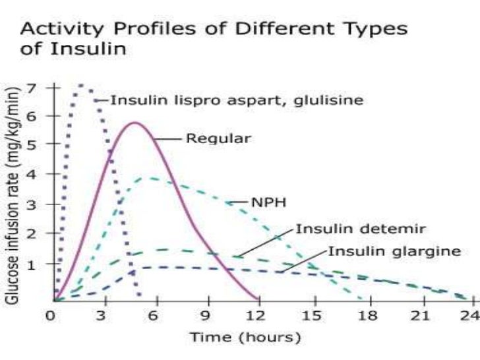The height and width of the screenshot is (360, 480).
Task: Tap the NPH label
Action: [268, 202]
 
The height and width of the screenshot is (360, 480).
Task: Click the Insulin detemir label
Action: [361, 229]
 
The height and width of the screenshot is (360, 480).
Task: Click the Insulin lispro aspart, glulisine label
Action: [236, 101]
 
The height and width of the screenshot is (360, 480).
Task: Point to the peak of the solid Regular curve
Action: [135, 123]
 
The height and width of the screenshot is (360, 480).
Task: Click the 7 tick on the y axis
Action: [32, 87]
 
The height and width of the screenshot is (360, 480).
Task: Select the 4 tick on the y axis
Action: [32, 175]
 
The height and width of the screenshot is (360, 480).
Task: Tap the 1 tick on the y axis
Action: [32, 264]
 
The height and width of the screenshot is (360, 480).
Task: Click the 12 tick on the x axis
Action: [258, 315]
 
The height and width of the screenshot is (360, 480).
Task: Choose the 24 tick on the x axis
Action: [469, 315]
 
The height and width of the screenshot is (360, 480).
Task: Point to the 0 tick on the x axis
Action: [50, 315]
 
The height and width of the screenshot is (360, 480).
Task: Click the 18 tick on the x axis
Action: [363, 315]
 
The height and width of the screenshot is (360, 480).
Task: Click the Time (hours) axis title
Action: [245, 338]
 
